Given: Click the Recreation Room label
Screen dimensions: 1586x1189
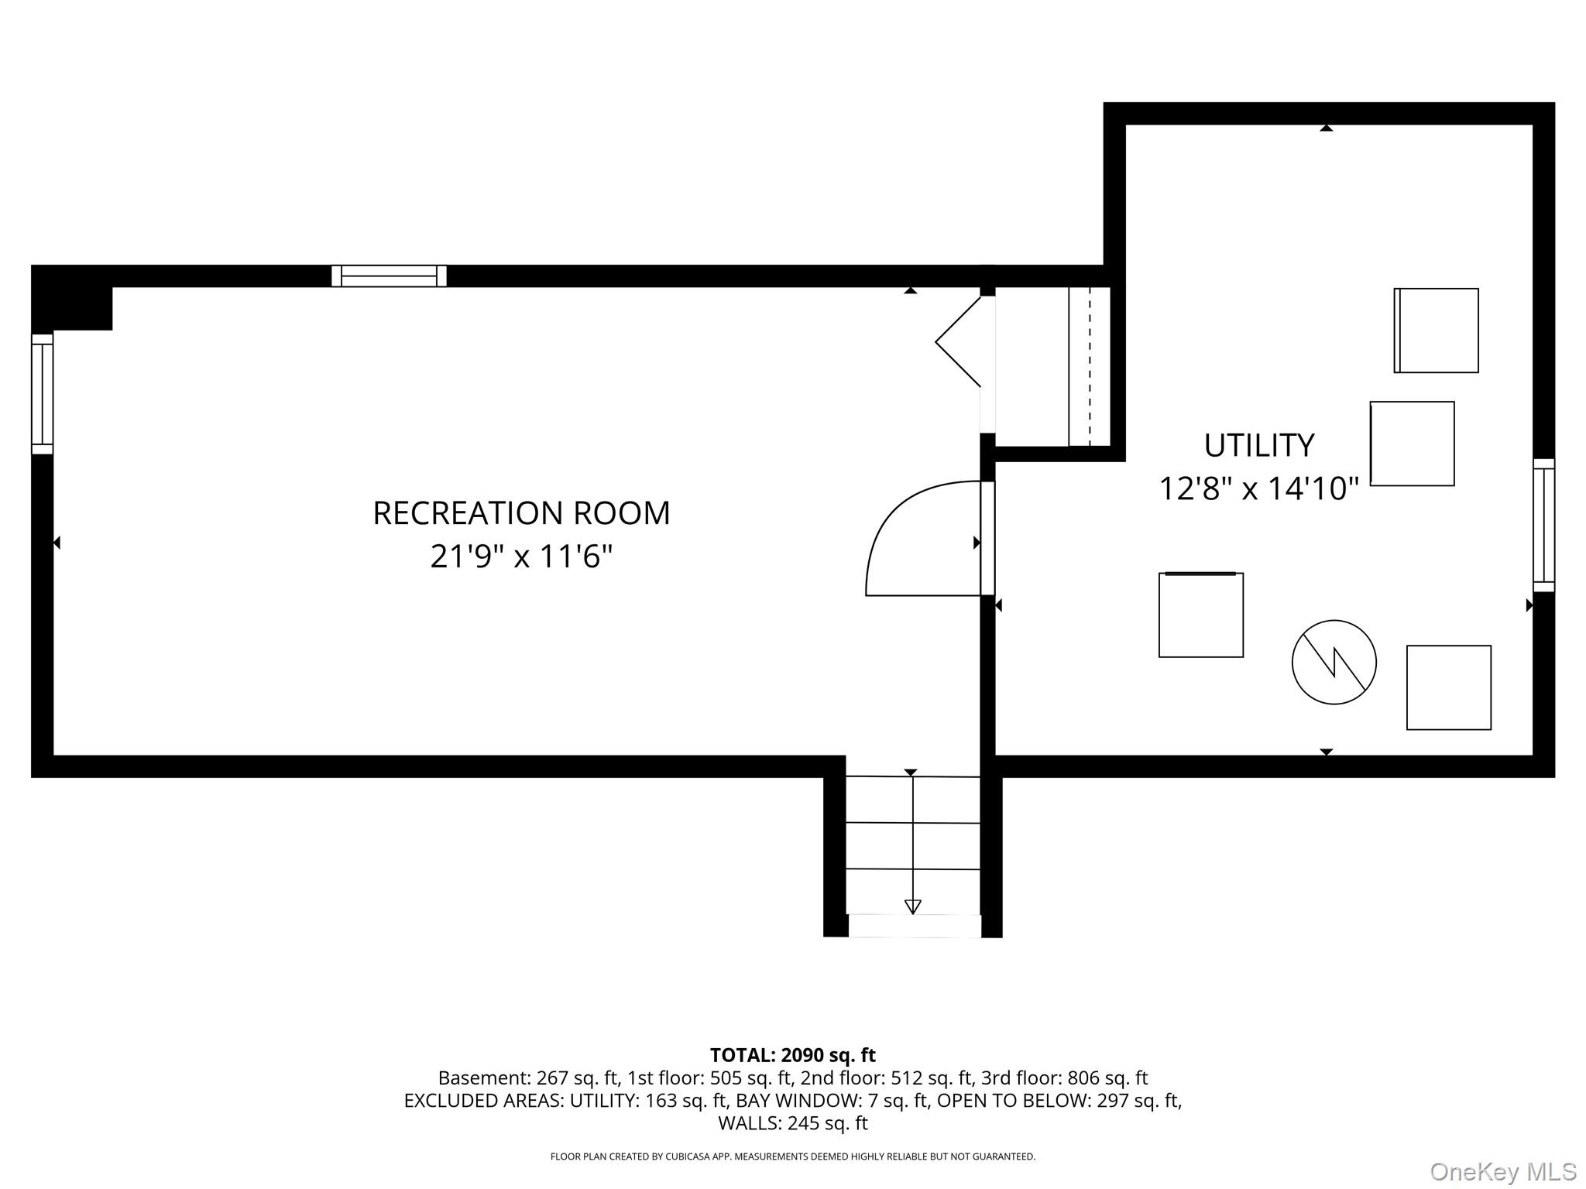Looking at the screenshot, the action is coord(521,513).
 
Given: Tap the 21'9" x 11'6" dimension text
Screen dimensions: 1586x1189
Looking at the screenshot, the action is coord(521,557).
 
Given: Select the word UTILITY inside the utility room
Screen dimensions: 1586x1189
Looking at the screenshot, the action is coord(1259,445).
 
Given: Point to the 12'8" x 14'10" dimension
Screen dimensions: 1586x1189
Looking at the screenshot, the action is coord(1259,488).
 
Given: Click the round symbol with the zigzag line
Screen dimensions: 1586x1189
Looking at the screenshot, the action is coord(1334,662).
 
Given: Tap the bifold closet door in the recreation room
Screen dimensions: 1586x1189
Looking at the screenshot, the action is coord(958,341).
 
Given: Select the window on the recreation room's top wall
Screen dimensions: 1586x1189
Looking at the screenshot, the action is coord(389,276).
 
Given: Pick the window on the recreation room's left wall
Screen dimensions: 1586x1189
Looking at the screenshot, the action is coord(42,394).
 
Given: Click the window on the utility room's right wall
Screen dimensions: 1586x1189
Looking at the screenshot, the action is coord(1543,526).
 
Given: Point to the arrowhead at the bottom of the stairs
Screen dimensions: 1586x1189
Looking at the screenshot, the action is coord(913,906).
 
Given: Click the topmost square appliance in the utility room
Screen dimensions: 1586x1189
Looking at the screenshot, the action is coord(1436,331).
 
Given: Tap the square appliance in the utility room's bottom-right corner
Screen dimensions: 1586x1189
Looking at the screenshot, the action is coord(1448,687).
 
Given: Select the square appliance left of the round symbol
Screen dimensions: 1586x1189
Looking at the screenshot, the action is coord(1200,615).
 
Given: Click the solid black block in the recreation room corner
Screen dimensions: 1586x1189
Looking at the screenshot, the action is coord(72,298).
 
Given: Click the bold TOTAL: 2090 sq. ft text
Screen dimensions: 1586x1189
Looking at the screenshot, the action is coord(792,1055).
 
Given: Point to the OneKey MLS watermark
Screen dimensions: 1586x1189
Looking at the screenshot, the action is coord(1503,1172).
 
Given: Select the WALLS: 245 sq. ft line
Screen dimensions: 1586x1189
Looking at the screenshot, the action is coord(792,1122).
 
